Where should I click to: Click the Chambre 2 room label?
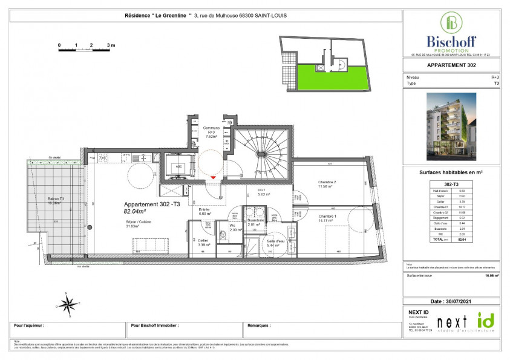click(327, 182)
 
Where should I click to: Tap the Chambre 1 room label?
click(327, 216)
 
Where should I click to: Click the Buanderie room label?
click(255, 220)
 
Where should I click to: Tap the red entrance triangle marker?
click(212, 177)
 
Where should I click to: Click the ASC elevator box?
click(179, 167)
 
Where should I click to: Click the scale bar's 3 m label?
click(111, 45)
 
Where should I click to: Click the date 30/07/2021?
click(451, 301)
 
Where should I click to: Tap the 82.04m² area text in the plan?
click(136, 212)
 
